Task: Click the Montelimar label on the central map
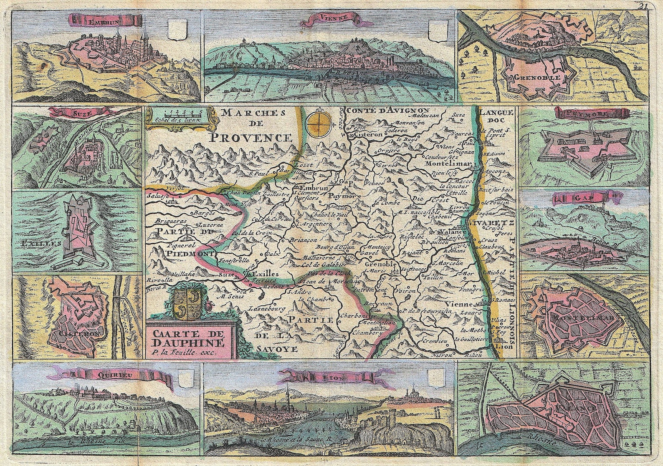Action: [x=447, y=164]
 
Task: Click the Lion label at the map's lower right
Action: [x=502, y=346]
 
